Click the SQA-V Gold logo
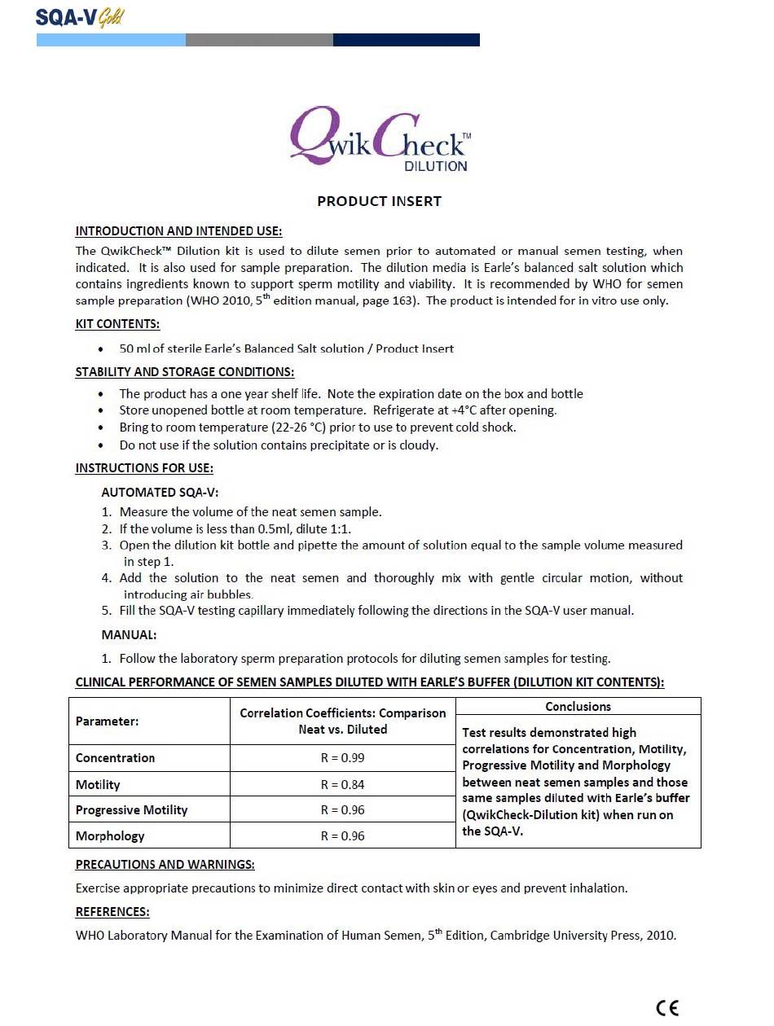[x=80, y=16]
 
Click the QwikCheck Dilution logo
[x=380, y=140]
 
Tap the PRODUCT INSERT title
[x=380, y=201]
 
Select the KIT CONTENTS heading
[x=117, y=324]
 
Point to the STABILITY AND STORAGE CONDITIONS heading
[x=185, y=372]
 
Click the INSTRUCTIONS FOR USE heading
[x=144, y=468]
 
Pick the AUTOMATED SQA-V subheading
[x=160, y=493]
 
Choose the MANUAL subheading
[x=129, y=634]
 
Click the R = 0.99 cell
[x=342, y=758]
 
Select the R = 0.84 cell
[x=342, y=785]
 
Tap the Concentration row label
[x=115, y=758]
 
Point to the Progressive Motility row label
[x=131, y=810]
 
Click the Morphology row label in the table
[x=110, y=836]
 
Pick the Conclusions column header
[x=578, y=707]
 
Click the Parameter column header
[x=107, y=721]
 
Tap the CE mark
[x=666, y=1008]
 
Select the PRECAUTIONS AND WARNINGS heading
[x=165, y=865]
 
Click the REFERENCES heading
[x=112, y=912]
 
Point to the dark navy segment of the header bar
[x=406, y=40]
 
